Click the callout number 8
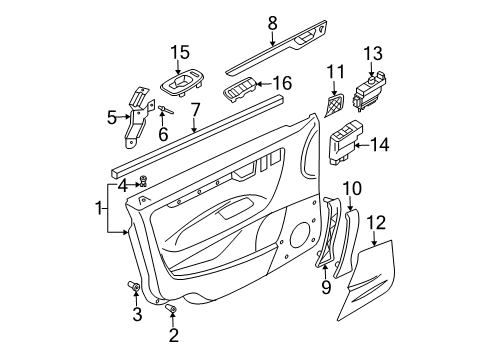[272, 22]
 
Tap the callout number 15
[178, 52]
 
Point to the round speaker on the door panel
[298, 236]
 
